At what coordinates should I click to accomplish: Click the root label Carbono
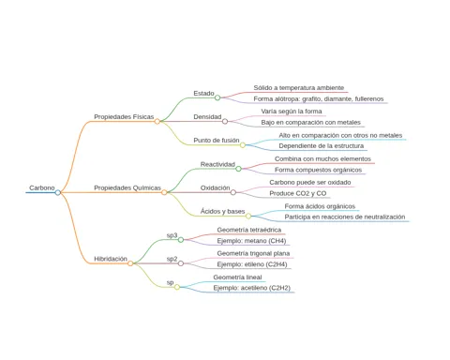pyautogui.click(x=42, y=187)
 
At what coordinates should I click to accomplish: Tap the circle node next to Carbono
pyautogui.click(x=58, y=192)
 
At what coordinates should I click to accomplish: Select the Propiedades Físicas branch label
pyautogui.click(x=124, y=116)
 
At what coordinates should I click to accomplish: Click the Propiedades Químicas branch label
pyautogui.click(x=127, y=187)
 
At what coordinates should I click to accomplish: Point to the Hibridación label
pyautogui.click(x=111, y=259)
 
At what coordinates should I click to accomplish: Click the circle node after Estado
pyautogui.click(x=217, y=97)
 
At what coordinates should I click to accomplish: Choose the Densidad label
pyautogui.click(x=207, y=116)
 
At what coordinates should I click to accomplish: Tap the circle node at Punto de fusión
pyautogui.click(x=243, y=145)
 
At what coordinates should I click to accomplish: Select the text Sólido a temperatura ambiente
pyautogui.click(x=299, y=88)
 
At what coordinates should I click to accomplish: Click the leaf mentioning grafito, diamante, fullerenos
pyautogui.click(x=319, y=98)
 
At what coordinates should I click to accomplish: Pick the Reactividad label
pyautogui.click(x=217, y=164)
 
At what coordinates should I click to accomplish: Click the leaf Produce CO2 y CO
pyautogui.click(x=298, y=193)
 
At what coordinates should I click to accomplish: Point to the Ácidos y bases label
pyautogui.click(x=222, y=211)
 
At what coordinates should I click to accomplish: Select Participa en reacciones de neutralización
pyautogui.click(x=345, y=217)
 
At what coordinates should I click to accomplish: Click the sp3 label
pyautogui.click(x=172, y=235)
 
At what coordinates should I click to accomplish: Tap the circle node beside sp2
pyautogui.click(x=181, y=263)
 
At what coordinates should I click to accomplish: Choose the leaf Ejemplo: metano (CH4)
pyautogui.click(x=251, y=241)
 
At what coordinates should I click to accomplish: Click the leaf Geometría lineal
pyautogui.click(x=237, y=277)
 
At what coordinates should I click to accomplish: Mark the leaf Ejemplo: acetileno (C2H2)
pyautogui.click(x=252, y=288)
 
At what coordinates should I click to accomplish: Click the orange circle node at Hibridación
pyautogui.click(x=130, y=263)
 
